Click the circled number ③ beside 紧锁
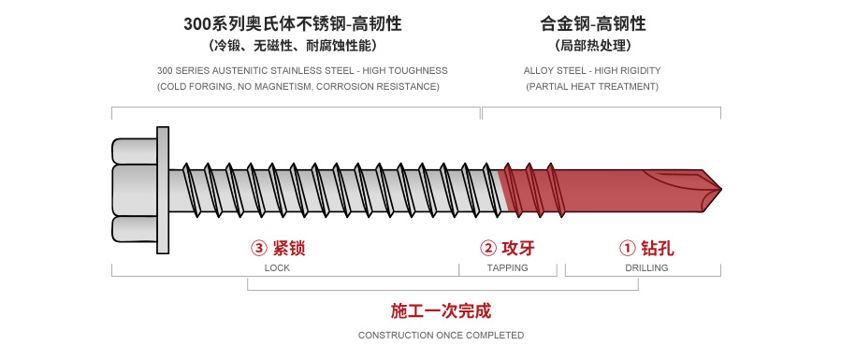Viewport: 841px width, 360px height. pyautogui.click(x=259, y=249)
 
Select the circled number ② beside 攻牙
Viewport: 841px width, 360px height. pyautogui.click(x=487, y=249)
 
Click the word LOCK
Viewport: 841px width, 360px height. pyautogui.click(x=277, y=268)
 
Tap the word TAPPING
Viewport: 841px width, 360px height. pyautogui.click(x=508, y=268)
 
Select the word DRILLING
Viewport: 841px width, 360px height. pyautogui.click(x=646, y=268)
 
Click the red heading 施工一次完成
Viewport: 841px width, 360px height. pyautogui.click(x=441, y=311)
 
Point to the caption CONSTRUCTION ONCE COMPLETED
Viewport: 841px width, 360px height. pyautogui.click(x=441, y=335)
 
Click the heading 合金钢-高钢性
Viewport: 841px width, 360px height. pyautogui.click(x=593, y=23)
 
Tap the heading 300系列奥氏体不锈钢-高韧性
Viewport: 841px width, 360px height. pyautogui.click(x=298, y=23)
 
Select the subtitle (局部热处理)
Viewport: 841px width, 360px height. pyautogui.click(x=593, y=46)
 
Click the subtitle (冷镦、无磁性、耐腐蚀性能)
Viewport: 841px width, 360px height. pyautogui.click(x=298, y=46)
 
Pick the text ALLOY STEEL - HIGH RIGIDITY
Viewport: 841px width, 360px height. pyautogui.click(x=593, y=70)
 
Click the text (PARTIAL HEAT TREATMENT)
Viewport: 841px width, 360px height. pyautogui.click(x=593, y=87)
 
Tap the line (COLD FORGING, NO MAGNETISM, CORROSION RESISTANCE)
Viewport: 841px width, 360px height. pyautogui.click(x=298, y=87)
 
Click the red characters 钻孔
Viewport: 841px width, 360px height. pyautogui.click(x=658, y=249)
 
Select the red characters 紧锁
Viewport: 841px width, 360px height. pyautogui.click(x=290, y=249)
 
